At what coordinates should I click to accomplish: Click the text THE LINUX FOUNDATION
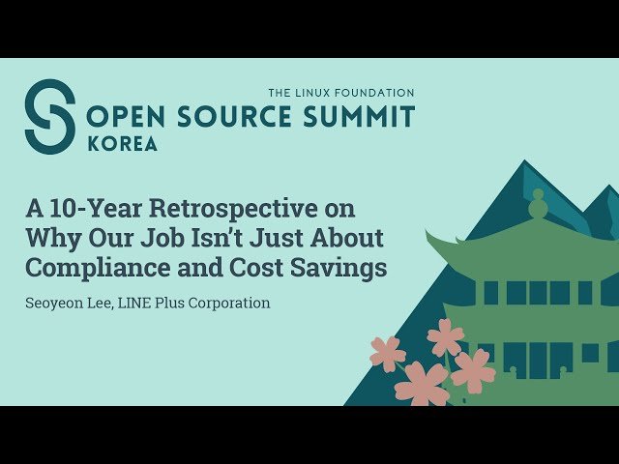(341, 93)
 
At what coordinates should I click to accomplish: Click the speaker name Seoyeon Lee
(70, 303)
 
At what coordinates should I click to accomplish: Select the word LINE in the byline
(142, 303)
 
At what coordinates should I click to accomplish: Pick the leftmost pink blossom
(387, 354)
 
